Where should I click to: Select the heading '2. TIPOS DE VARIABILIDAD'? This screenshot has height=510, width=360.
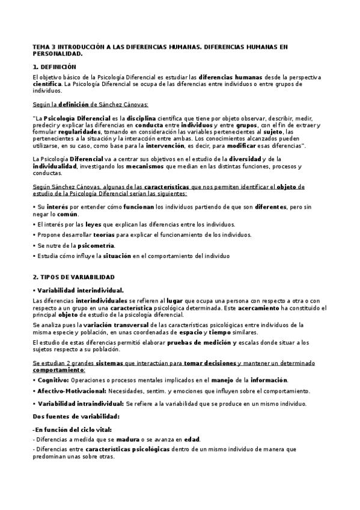point(73,277)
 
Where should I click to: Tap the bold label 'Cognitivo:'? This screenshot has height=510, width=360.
point(52,380)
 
